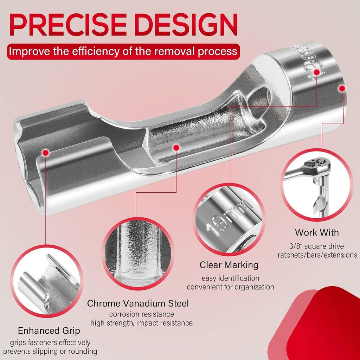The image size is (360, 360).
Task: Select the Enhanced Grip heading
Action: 49,331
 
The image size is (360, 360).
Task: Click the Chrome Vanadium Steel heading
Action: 138,303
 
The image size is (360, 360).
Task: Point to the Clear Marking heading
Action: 229,265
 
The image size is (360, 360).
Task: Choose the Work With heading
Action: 317,232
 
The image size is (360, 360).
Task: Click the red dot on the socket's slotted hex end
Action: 46,152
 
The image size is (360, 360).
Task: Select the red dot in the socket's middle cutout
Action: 176,147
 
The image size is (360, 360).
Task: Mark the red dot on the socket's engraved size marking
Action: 317,72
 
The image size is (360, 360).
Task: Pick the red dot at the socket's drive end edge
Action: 342,88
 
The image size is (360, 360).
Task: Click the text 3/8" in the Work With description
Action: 295,246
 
